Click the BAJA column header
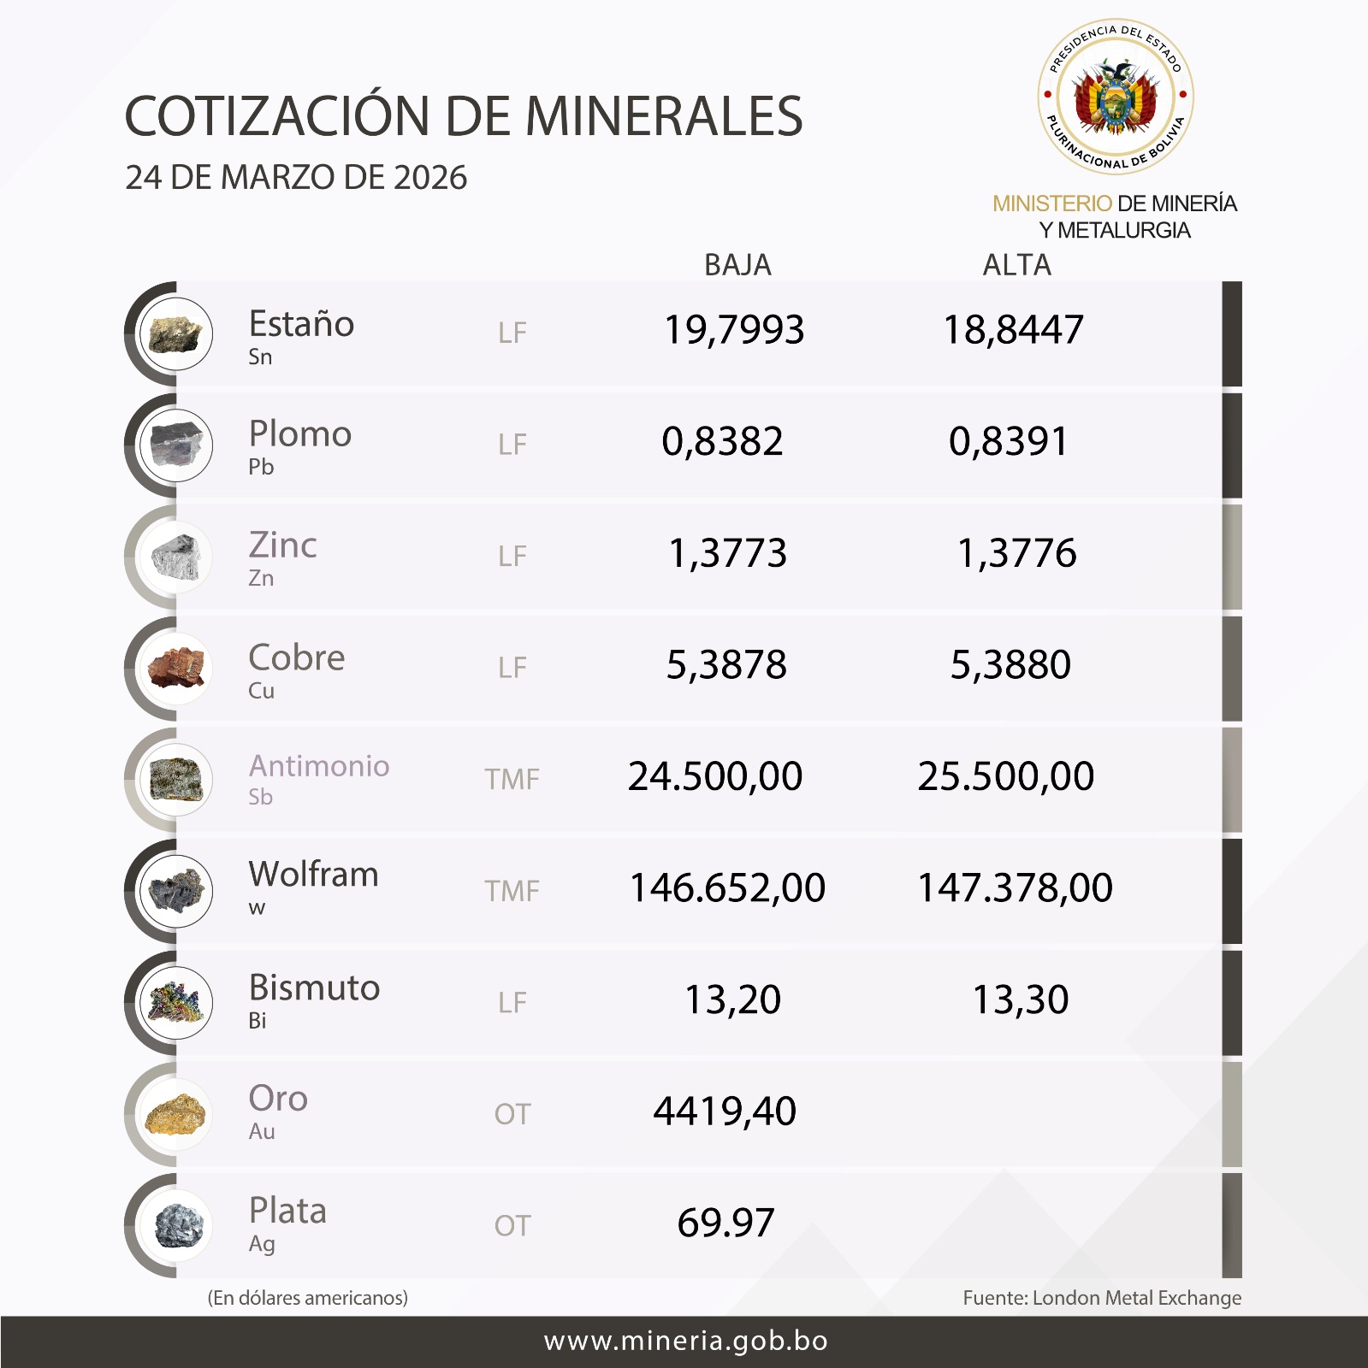tap(737, 265)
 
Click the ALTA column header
tap(1016, 265)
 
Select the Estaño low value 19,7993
tap(734, 330)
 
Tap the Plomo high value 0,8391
tap(1009, 442)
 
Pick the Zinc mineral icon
tap(176, 557)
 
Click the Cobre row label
tap(296, 658)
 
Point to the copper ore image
tap(176, 669)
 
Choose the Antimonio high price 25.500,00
tap(1005, 776)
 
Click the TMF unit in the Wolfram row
tap(512, 891)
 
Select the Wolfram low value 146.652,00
tap(727, 887)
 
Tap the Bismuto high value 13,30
tap(1021, 999)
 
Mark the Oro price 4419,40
tap(725, 1111)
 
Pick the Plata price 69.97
tap(725, 1223)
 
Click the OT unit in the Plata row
tap(512, 1226)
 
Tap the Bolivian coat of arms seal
tap(1115, 97)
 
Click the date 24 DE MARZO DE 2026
tap(296, 178)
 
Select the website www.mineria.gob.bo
tap(685, 1341)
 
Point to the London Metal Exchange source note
tap(1102, 1298)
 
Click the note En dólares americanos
tap(308, 1298)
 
